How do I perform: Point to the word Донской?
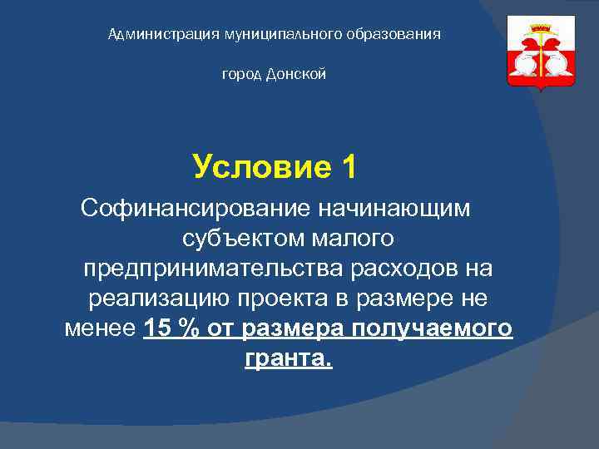297,75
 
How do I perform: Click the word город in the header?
242,76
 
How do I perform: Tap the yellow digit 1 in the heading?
348,167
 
